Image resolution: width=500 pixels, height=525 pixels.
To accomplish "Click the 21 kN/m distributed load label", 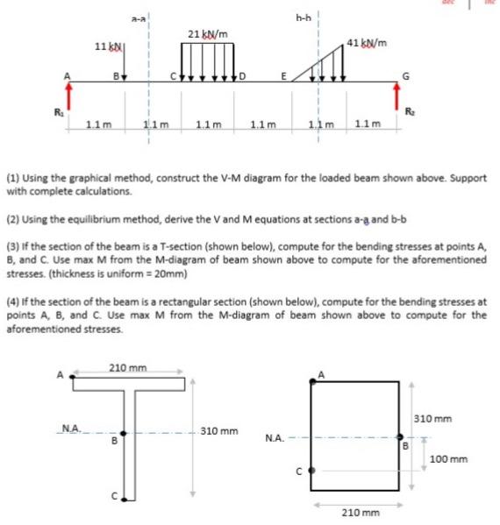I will [x=210, y=34].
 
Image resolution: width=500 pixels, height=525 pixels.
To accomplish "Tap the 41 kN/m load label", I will [x=369, y=43].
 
